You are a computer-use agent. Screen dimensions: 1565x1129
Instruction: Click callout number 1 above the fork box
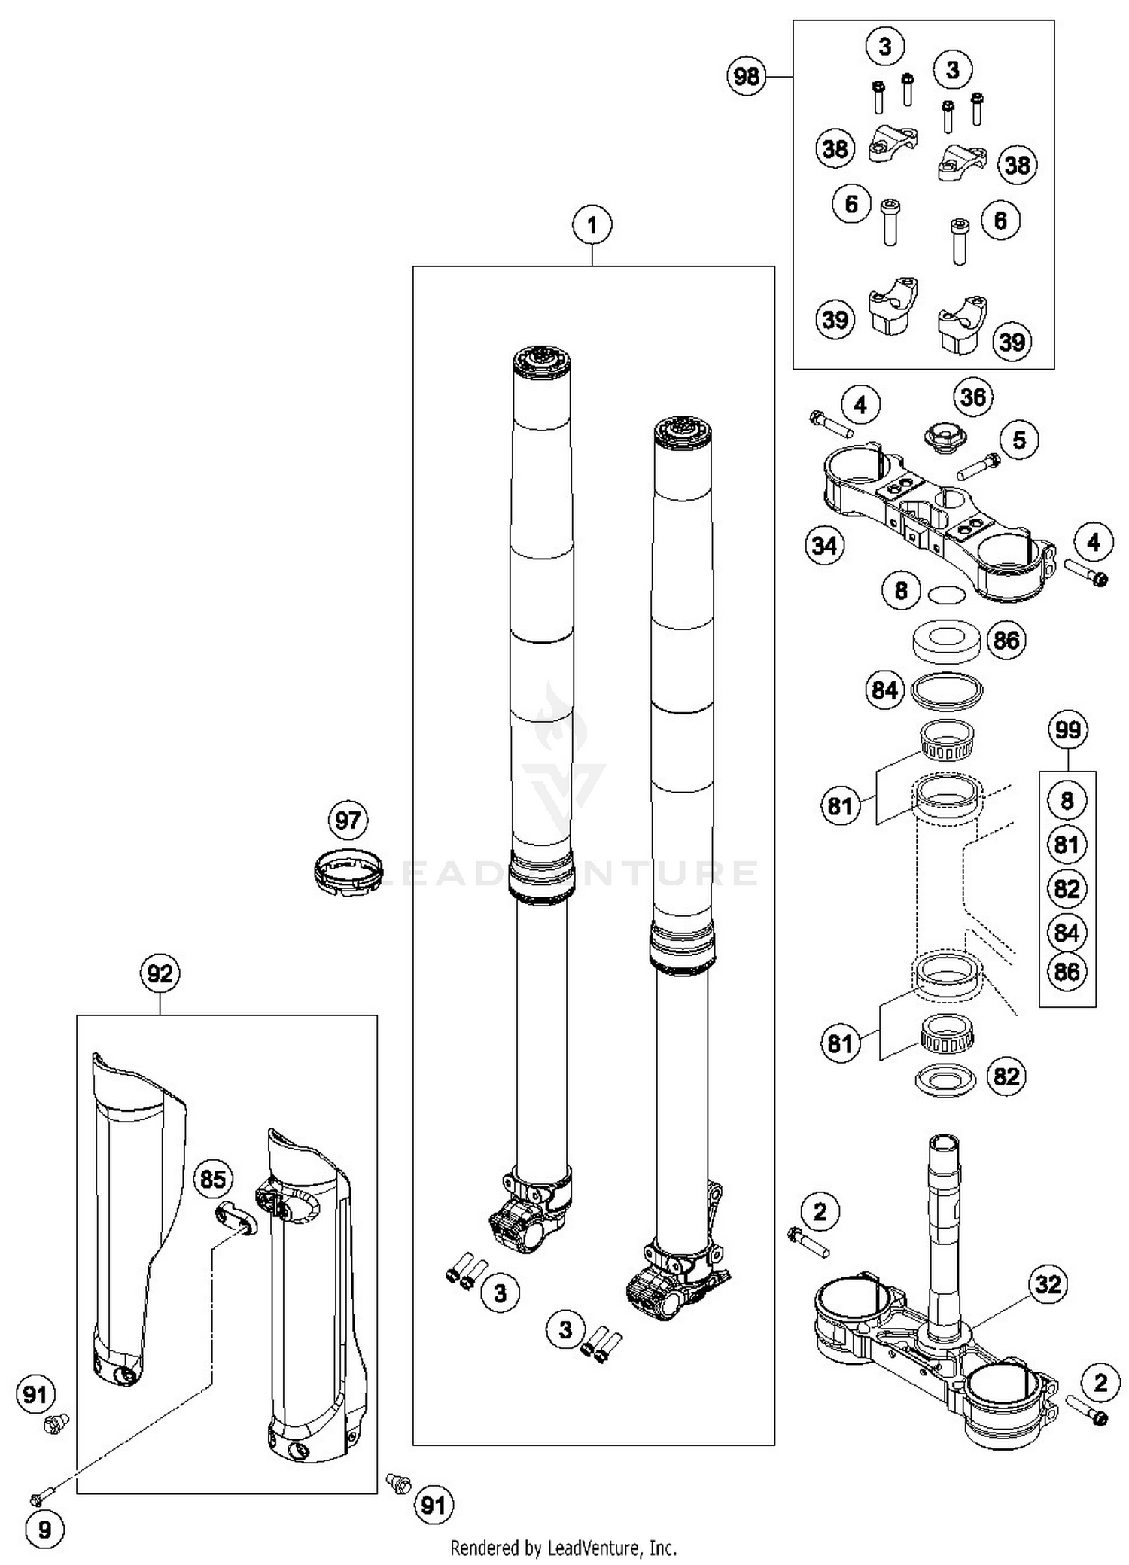pos(592,225)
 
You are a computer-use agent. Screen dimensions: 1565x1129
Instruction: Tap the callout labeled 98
pos(746,76)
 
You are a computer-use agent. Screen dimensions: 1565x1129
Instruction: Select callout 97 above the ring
pos(348,820)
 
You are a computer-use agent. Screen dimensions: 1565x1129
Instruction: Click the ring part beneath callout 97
pos(347,872)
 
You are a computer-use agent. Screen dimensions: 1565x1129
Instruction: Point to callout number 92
pos(160,974)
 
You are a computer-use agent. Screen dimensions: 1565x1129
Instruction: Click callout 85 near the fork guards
pos(213,1179)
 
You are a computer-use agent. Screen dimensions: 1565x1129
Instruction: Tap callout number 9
pos(44,1530)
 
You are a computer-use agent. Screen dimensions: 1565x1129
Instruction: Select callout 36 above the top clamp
pos(973,397)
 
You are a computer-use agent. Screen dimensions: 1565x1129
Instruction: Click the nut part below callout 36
pos(945,437)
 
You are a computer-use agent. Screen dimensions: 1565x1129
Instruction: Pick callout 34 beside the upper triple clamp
pos(824,545)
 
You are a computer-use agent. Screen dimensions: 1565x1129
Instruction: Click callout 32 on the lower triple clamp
pos(1048,1284)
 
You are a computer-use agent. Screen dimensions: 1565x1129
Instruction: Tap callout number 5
pos(1019,440)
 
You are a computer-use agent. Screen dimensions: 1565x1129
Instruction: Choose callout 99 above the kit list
pos(1067,730)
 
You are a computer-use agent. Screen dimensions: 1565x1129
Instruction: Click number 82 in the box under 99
pos(1067,889)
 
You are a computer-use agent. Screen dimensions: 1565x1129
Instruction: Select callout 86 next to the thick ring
pos(1006,641)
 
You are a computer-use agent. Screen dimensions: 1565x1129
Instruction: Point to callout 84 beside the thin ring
pos(884,690)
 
